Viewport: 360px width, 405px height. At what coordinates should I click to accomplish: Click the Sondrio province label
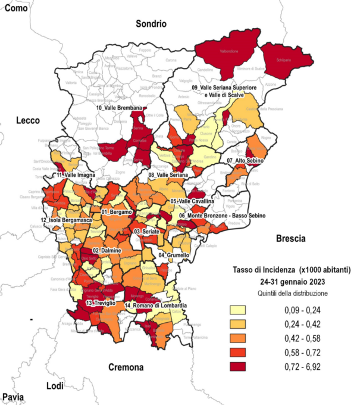151,24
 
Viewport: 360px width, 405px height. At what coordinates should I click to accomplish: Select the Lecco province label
28,120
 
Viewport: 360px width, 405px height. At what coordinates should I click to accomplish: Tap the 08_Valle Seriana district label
168,175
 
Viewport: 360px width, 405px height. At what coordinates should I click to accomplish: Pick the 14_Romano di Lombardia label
156,306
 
